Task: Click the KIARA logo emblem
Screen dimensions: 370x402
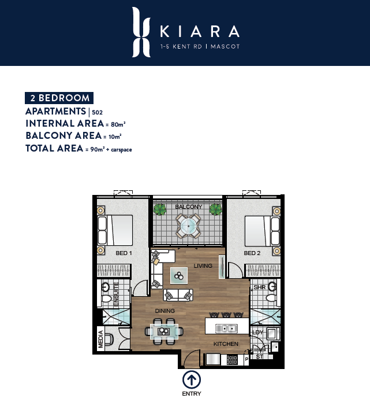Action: [x=141, y=32]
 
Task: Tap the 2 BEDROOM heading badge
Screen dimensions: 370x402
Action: [x=59, y=98]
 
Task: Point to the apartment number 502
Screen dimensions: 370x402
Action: [x=97, y=112]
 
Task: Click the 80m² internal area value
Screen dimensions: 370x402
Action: [x=118, y=124]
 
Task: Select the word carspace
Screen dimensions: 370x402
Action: [x=121, y=149]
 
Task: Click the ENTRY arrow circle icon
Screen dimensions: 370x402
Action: [x=192, y=379]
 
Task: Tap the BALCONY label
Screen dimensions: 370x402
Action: [x=189, y=206]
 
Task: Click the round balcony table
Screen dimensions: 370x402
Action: [x=188, y=226]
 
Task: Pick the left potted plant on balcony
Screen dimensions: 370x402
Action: [x=160, y=209]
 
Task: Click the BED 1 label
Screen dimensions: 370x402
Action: [x=124, y=253]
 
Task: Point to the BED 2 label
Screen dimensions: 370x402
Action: [x=252, y=253]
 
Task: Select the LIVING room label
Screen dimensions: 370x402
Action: [x=203, y=266]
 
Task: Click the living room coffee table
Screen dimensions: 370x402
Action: [x=179, y=276]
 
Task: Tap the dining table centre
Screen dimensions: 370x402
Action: [x=164, y=331]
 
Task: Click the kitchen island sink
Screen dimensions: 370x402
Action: [x=226, y=328]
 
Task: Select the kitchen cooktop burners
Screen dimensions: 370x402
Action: [x=233, y=360]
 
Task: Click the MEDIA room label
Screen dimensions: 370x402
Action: [x=100, y=339]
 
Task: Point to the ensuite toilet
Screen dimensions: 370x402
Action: [x=106, y=298]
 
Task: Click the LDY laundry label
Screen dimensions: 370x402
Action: [x=257, y=332]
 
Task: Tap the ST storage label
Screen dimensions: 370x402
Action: [x=259, y=356]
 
